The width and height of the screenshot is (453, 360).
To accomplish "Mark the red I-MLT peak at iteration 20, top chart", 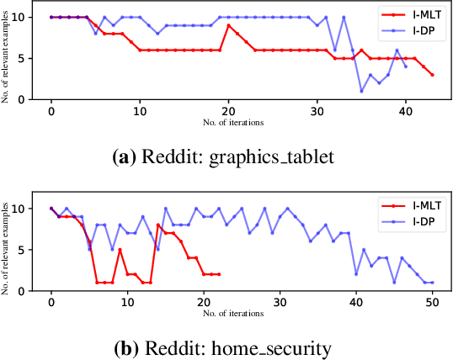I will click(x=228, y=25).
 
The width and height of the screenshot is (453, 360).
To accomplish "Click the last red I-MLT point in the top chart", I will click(x=432, y=75).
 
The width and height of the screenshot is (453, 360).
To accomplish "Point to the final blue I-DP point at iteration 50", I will click(x=432, y=283).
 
